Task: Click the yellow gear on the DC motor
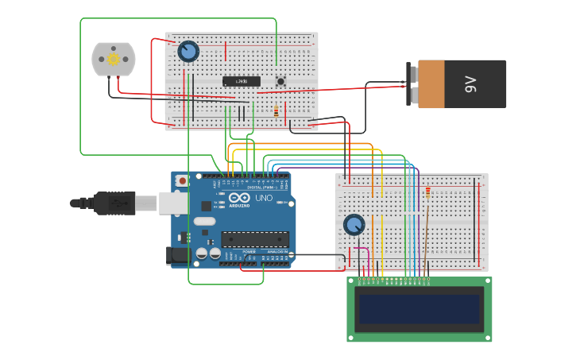coord(114,60)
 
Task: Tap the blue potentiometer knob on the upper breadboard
coord(188,52)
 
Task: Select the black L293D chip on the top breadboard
coord(241,81)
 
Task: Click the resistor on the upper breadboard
coord(276,112)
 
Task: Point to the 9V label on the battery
coord(470,83)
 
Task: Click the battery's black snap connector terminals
coord(412,83)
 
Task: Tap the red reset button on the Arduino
coord(183,181)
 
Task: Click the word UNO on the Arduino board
coord(263,198)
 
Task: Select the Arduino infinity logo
coord(238,197)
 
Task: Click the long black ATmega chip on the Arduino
coord(254,238)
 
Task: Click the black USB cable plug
coord(115,203)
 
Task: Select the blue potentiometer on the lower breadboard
coord(354,225)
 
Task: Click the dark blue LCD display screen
coord(419,309)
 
